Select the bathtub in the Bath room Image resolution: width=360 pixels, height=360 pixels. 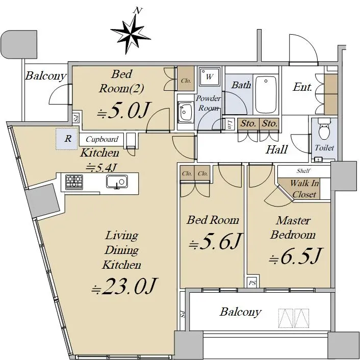pyautogui.click(x=266, y=94)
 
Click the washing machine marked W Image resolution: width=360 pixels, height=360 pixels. pyautogui.click(x=209, y=76)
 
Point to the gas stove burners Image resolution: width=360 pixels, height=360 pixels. pyautogui.click(x=74, y=182)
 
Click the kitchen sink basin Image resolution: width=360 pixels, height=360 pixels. pyautogui.click(x=117, y=182)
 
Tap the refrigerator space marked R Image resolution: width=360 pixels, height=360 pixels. pyautogui.click(x=67, y=139)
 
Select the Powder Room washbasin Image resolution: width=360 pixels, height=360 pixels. pyautogui.click(x=186, y=113)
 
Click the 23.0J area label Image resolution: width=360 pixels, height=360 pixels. pyautogui.click(x=124, y=286)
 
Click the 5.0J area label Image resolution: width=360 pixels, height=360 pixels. pyautogui.click(x=123, y=110)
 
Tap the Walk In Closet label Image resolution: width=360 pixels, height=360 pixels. pyautogui.click(x=304, y=189)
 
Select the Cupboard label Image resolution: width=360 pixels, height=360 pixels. pyautogui.click(x=102, y=139)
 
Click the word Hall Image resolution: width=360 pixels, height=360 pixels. pyautogui.click(x=276, y=149)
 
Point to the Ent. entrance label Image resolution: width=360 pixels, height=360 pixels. pyautogui.click(x=302, y=87)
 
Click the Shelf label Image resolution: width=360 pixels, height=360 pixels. pyautogui.click(x=303, y=171)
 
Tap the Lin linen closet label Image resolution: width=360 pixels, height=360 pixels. pyautogui.click(x=229, y=124)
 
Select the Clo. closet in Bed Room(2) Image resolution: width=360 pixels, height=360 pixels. pyautogui.click(x=186, y=79)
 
